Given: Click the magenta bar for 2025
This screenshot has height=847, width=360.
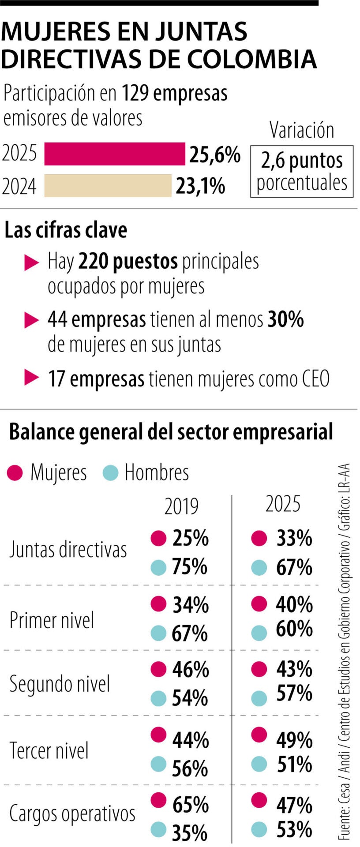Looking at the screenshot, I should click(114, 154).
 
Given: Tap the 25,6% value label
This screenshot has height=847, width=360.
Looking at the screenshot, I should click(215, 154).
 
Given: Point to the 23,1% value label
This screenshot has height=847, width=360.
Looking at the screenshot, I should click(200, 186).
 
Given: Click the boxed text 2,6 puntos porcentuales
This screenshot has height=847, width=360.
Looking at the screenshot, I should click(302, 171).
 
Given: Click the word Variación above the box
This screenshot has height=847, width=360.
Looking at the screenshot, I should click(302, 130).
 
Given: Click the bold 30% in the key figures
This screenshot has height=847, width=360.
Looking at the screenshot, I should click(285, 319).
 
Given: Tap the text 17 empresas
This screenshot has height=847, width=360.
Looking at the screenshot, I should click(96, 379).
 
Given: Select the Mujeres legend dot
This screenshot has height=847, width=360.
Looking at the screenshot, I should click(15, 473).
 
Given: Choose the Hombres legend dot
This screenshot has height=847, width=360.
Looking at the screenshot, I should click(110, 473).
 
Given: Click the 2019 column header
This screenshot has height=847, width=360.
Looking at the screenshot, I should click(181, 506).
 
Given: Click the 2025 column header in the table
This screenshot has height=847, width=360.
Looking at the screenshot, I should click(283, 504).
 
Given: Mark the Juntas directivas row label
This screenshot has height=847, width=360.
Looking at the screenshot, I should click(68, 550).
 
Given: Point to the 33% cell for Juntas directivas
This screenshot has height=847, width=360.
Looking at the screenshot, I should click(294, 538).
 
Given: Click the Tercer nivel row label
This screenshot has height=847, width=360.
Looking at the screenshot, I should click(49, 750).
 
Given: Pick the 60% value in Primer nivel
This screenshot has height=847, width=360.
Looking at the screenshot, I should click(294, 630).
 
